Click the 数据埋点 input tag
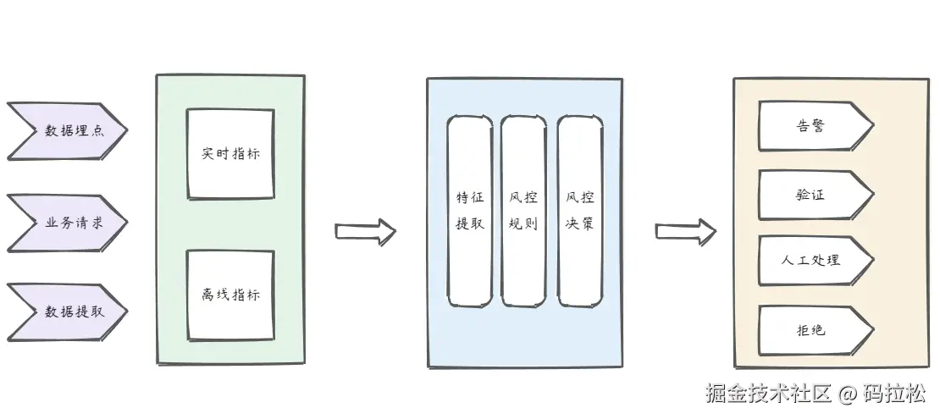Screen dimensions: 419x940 click(68, 130)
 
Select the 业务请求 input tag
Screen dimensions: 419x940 click(68, 223)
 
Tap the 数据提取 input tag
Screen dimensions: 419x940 click(68, 311)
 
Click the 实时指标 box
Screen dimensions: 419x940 click(230, 152)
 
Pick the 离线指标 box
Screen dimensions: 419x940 click(230, 294)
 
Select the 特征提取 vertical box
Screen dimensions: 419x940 click(469, 211)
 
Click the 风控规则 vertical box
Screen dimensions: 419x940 click(523, 211)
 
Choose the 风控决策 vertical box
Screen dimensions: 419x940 click(580, 211)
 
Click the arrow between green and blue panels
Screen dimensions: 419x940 click(365, 231)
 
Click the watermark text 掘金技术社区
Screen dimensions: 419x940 click(769, 394)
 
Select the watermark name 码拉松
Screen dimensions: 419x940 click(895, 394)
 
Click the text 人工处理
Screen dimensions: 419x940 click(810, 260)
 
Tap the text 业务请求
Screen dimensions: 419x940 click(73, 223)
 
